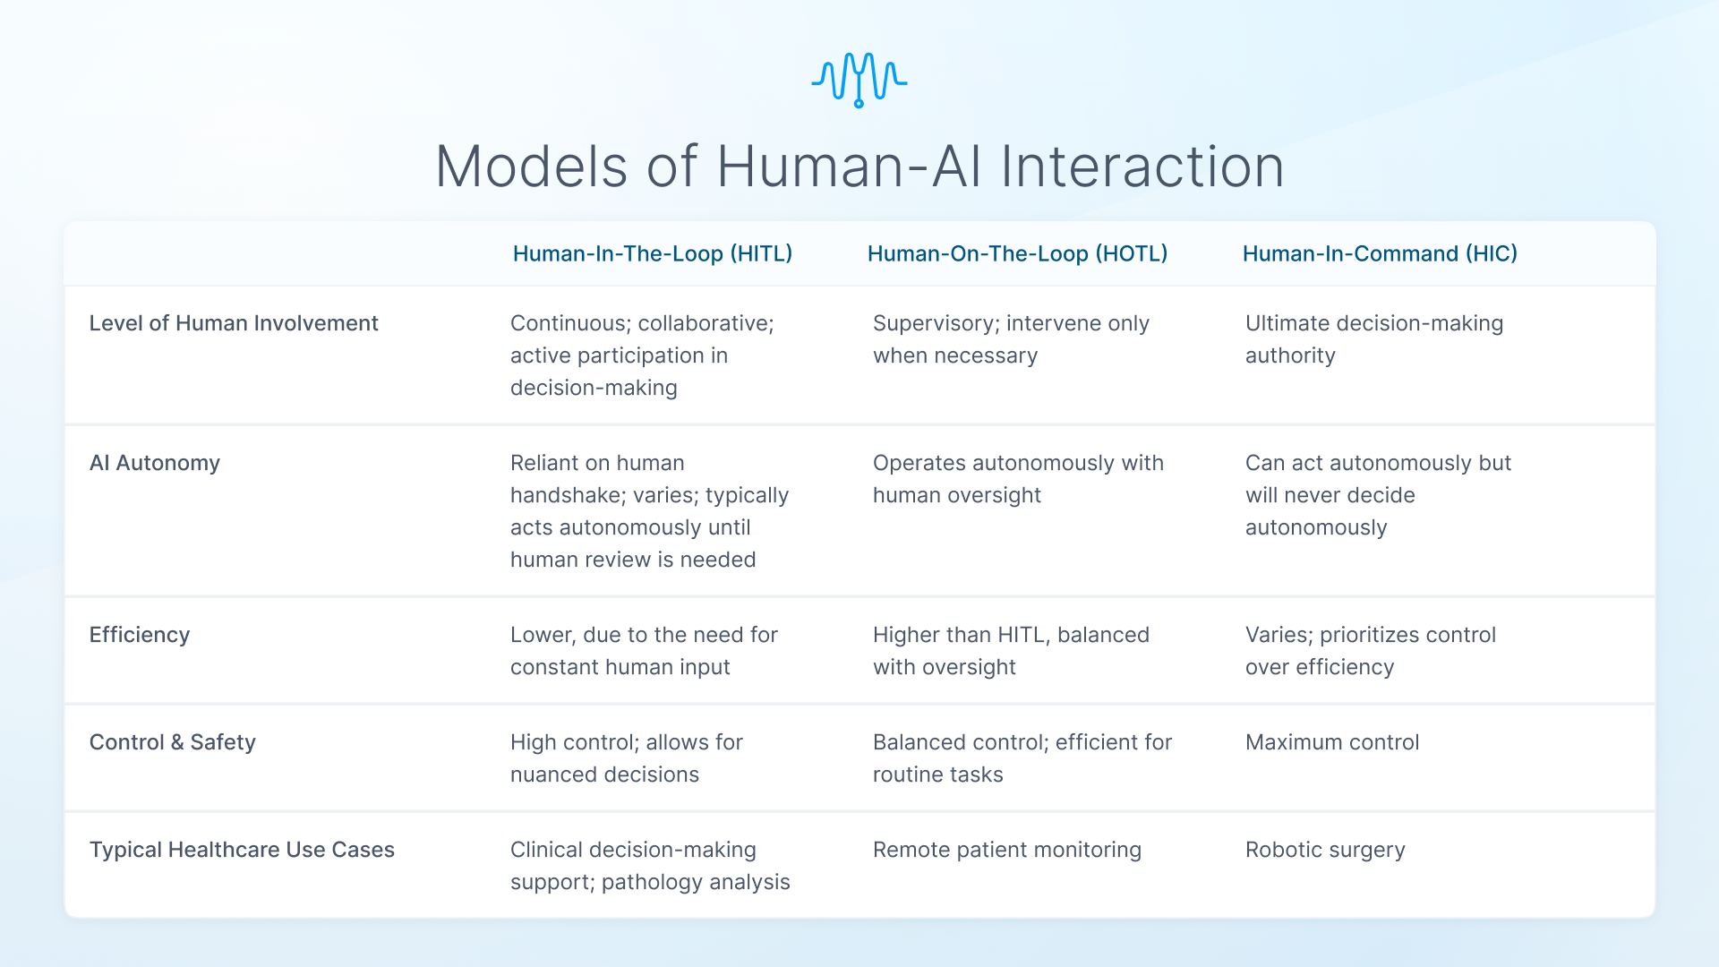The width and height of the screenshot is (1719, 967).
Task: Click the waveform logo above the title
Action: [x=859, y=79]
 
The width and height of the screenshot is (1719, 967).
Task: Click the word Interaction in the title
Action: [x=1142, y=167]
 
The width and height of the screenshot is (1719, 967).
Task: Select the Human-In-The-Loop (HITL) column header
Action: [x=652, y=253]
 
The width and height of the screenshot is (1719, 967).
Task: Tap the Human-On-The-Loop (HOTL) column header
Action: [x=1017, y=253]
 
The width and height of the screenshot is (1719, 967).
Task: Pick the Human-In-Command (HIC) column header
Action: [x=1379, y=253]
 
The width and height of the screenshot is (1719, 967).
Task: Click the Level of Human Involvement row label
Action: [x=234, y=323]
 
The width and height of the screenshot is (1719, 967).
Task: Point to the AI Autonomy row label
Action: [x=154, y=463]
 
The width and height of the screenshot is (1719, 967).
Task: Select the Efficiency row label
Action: [x=139, y=635]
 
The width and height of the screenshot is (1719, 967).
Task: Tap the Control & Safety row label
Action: [x=172, y=742]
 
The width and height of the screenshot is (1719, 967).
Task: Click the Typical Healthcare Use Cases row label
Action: [x=242, y=850]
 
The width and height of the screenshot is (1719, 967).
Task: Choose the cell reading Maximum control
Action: [x=1331, y=742]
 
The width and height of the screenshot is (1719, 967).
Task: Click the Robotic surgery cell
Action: [x=1324, y=850]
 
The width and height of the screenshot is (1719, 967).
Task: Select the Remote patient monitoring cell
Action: [x=1006, y=850]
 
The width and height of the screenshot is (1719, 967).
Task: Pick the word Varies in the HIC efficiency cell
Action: [x=1278, y=635]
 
